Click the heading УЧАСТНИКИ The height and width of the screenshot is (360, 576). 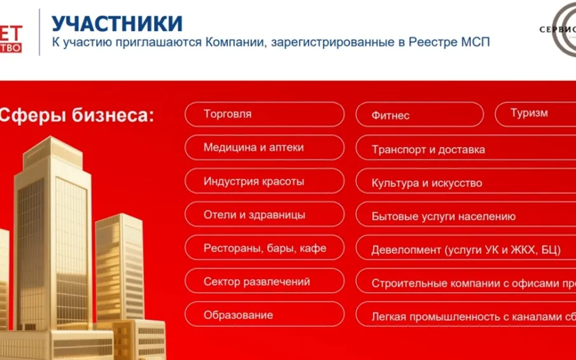[x=117, y=24]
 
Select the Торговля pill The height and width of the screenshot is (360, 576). [x=264, y=114]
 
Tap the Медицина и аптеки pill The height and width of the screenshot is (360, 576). [x=264, y=148]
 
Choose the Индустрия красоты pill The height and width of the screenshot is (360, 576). [x=264, y=181]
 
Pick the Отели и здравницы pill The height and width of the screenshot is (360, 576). [x=264, y=215]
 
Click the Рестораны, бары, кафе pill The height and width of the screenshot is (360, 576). [x=264, y=248]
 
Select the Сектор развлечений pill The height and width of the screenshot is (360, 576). [x=264, y=281]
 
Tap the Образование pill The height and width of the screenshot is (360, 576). [x=264, y=315]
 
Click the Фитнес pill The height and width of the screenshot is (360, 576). [x=419, y=115]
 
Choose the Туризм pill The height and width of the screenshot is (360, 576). [x=535, y=114]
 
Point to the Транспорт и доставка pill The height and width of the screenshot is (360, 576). [x=465, y=149]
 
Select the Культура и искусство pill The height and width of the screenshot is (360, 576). [x=465, y=183]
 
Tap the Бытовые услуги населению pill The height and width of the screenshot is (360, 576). [x=465, y=216]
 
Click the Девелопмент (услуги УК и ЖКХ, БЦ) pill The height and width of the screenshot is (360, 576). [x=465, y=250]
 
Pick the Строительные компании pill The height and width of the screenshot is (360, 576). [x=465, y=284]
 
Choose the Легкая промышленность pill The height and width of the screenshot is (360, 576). [x=465, y=316]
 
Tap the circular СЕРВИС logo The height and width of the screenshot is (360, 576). [x=558, y=29]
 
